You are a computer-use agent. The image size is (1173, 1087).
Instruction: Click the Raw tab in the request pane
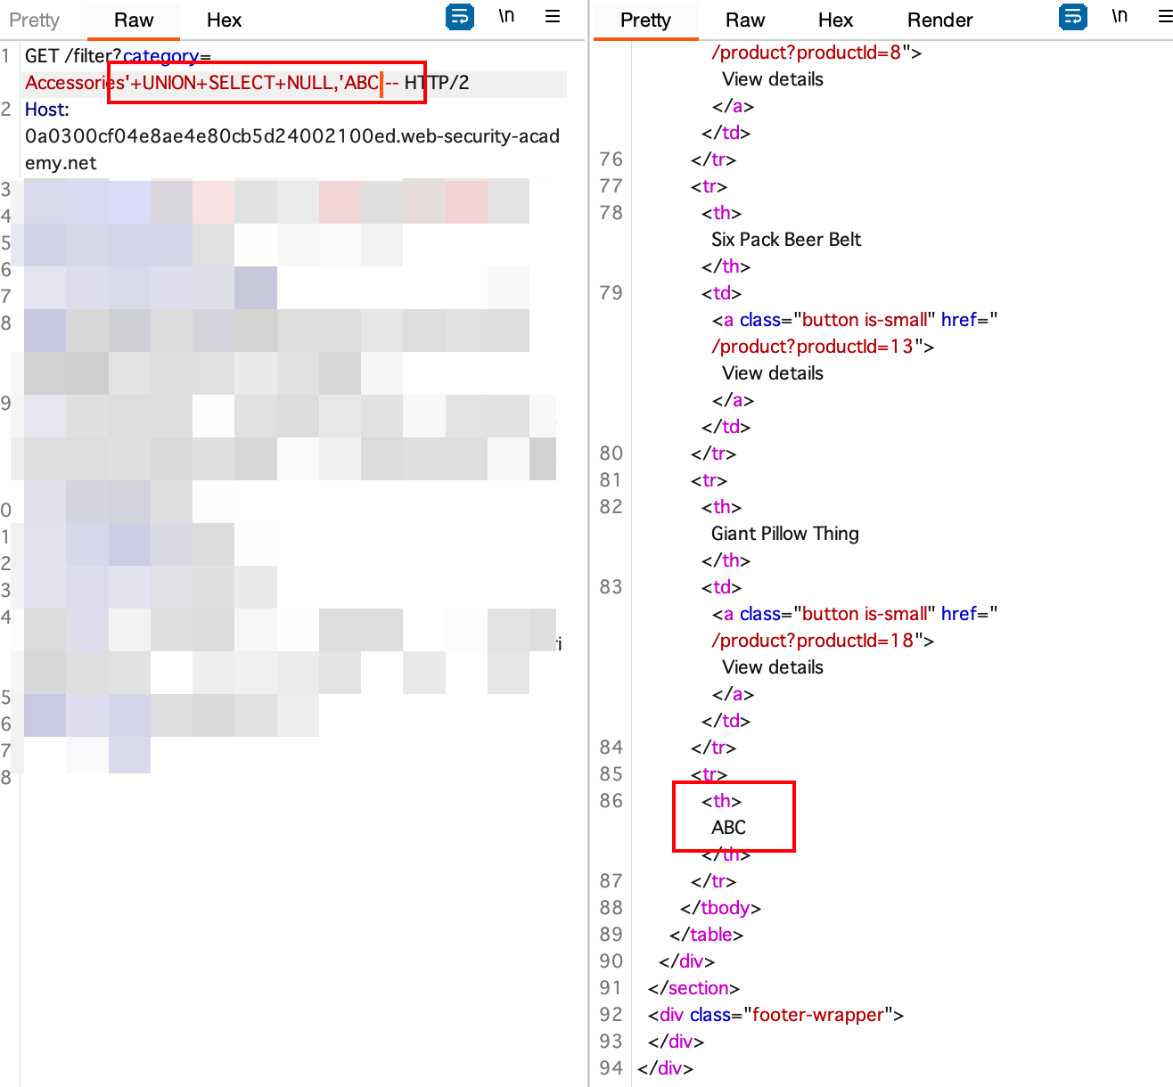[x=134, y=20]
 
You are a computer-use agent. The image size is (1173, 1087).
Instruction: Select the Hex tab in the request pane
[x=224, y=20]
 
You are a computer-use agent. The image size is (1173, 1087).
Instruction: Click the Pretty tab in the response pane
[x=645, y=20]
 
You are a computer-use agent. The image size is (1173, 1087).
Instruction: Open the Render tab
[x=939, y=20]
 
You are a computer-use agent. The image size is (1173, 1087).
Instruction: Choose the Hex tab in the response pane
[x=835, y=20]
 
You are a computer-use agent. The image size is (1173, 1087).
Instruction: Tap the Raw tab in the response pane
[x=745, y=20]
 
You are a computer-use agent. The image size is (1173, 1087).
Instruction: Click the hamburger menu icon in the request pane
[x=553, y=16]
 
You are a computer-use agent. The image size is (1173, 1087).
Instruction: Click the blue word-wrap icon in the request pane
[x=459, y=16]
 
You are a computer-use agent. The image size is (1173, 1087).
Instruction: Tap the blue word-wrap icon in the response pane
[x=1072, y=16]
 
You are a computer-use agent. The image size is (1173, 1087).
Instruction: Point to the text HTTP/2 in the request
[x=437, y=83]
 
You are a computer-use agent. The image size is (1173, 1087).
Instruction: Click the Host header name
[x=45, y=110]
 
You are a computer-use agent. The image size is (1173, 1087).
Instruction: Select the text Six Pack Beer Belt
[x=786, y=240]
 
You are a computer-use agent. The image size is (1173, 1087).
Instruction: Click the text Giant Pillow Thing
[x=785, y=534]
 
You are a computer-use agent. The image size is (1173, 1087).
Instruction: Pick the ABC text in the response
[x=728, y=828]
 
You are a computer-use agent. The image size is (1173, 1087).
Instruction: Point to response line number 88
[x=611, y=908]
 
